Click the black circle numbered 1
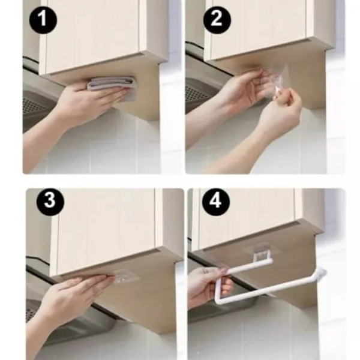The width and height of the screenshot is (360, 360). click(x=43, y=20)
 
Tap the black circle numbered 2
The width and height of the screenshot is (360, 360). click(x=217, y=19)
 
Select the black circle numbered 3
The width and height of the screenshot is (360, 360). click(x=50, y=202)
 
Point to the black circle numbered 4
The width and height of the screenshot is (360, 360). click(x=216, y=202)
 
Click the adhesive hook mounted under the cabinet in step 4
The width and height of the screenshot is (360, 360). click(x=262, y=251)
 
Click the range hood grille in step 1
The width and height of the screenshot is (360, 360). click(x=32, y=105)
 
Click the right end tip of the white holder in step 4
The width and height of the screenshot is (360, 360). click(x=323, y=272)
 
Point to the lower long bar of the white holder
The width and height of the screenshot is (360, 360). click(x=269, y=289)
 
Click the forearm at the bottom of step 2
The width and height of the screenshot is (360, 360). click(x=230, y=158)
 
